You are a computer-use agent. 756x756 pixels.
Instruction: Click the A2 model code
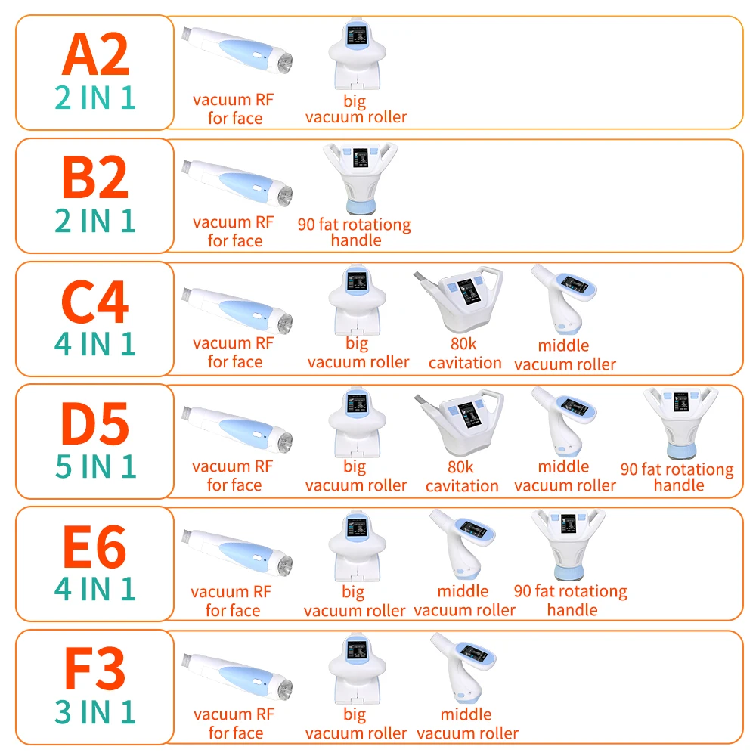(x=95, y=55)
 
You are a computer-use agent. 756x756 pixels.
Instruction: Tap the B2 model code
(x=95, y=178)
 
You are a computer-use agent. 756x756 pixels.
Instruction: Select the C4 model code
(x=95, y=302)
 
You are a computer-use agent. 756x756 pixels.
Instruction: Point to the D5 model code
(x=95, y=424)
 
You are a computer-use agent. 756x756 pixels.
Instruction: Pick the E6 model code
(x=95, y=547)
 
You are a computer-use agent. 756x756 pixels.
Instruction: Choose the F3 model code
(x=95, y=669)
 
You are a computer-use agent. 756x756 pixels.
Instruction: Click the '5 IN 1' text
(x=95, y=466)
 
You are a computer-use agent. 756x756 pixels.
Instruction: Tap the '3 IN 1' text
(x=95, y=711)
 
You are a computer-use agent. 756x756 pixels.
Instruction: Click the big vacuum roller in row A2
(x=358, y=54)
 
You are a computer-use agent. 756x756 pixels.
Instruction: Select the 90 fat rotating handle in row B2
(x=360, y=178)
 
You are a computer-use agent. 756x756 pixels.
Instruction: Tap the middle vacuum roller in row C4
(x=563, y=299)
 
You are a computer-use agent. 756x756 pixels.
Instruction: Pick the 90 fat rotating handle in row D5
(x=681, y=423)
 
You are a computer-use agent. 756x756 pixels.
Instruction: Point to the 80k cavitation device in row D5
(x=459, y=423)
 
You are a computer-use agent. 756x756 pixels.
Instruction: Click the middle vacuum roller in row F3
(x=463, y=668)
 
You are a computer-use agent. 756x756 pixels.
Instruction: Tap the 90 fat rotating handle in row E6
(x=569, y=545)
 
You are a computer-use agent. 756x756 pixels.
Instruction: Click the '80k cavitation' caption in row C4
(x=465, y=353)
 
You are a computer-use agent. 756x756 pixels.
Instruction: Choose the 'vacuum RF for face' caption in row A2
(x=234, y=109)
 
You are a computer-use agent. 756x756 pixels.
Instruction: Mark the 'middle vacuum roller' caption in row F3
(x=467, y=723)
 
